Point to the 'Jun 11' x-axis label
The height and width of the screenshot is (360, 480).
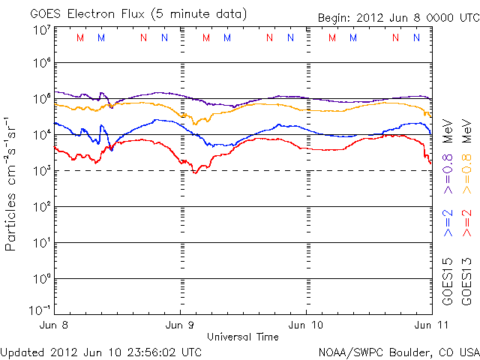coord(429,325)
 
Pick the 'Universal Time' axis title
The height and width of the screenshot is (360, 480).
coord(242,337)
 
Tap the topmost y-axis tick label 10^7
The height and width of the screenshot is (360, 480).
coord(40,30)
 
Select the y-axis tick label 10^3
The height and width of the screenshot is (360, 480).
coord(40,171)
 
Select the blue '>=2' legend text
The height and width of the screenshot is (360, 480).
coord(448,223)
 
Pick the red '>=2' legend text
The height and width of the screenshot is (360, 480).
coord(467,223)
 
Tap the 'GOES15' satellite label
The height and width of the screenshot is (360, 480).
coord(448,280)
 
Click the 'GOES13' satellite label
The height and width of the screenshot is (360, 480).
coord(467,280)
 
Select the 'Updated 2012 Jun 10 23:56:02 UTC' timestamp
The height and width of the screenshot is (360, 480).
coord(101,351)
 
